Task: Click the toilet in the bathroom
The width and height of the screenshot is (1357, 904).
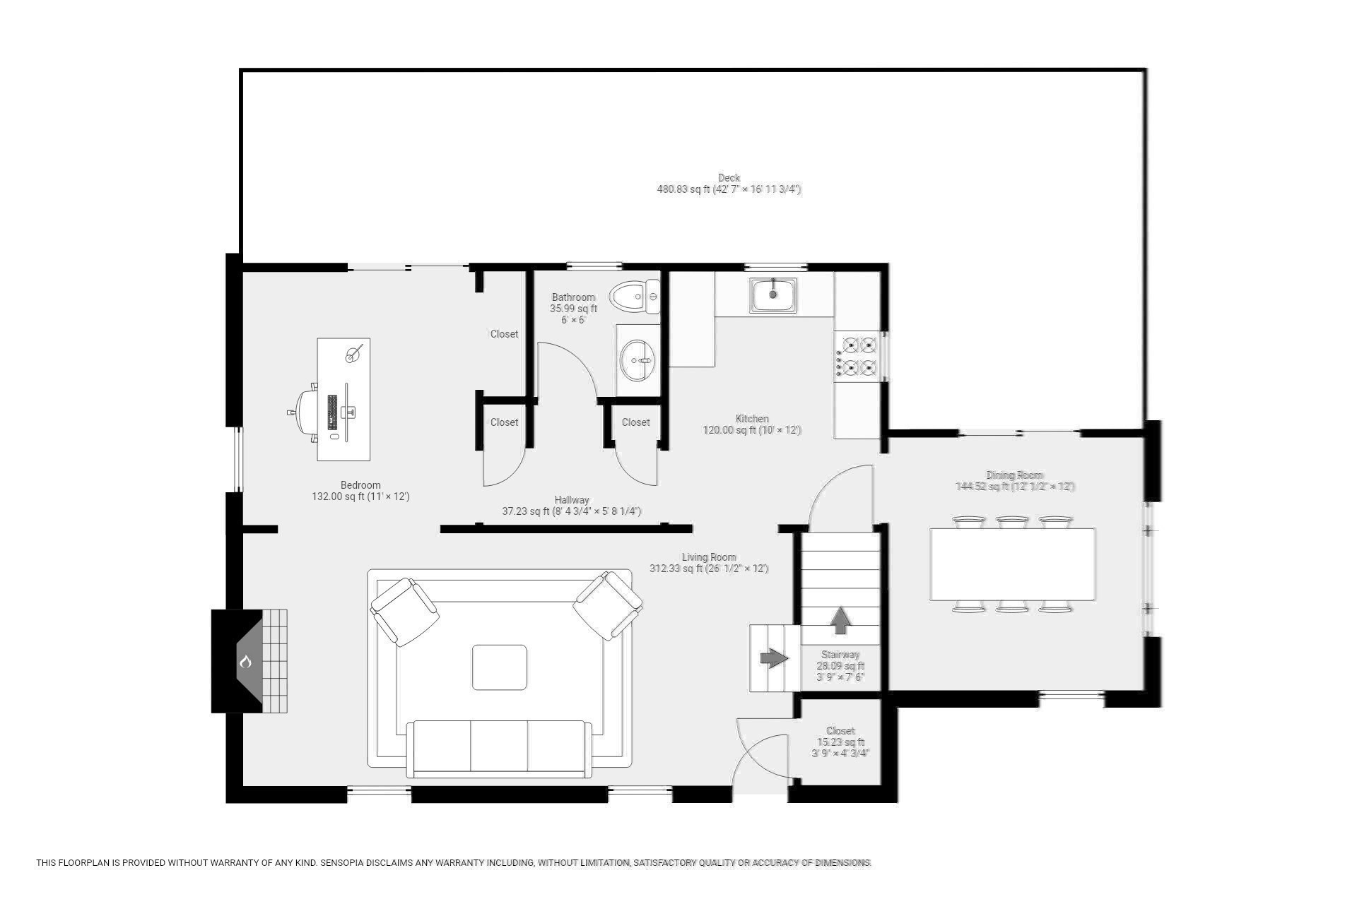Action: (633, 297)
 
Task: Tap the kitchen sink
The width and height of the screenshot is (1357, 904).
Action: (773, 295)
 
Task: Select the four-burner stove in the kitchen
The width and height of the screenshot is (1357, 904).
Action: (857, 356)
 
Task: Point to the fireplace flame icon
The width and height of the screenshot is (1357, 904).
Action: (246, 662)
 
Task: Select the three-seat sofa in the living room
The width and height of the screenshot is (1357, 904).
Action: (499, 747)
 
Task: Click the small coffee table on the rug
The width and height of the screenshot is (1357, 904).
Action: (499, 667)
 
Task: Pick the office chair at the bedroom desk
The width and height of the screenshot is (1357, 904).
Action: (307, 412)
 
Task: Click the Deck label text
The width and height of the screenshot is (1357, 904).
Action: (729, 178)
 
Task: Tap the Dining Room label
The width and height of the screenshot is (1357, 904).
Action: (1014, 475)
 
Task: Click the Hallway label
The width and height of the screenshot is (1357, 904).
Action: (571, 500)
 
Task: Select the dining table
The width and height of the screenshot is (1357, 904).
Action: (1012, 564)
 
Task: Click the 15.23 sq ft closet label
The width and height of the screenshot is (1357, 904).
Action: (840, 742)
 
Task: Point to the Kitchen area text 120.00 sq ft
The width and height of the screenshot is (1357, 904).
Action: (751, 430)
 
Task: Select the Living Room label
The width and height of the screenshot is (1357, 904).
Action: (708, 557)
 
